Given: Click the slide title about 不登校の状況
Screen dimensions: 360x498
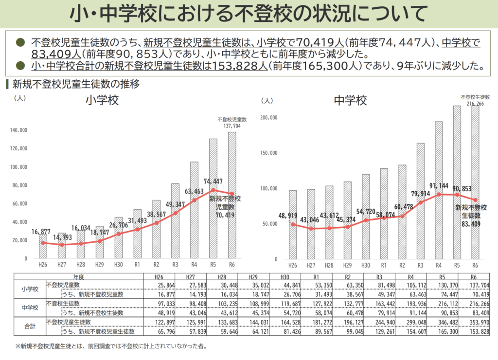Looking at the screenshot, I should [249, 14].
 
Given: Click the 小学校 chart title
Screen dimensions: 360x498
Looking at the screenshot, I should [102, 101].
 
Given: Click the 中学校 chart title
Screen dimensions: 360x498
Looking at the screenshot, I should [350, 101].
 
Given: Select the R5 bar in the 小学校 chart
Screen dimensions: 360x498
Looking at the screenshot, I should [213, 204].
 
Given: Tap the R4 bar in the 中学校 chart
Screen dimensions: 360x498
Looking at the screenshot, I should [439, 195].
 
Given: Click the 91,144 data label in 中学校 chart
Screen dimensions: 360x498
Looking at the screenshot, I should [438, 185].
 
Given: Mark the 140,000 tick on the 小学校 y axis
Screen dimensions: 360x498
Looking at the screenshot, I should [19, 130].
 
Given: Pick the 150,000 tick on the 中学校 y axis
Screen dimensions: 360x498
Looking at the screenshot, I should [268, 153].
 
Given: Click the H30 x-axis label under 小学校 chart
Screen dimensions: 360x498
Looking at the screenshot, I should [118, 265].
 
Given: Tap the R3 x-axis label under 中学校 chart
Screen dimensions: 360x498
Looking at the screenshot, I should [420, 265].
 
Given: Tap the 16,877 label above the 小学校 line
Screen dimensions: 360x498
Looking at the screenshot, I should [41, 232].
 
